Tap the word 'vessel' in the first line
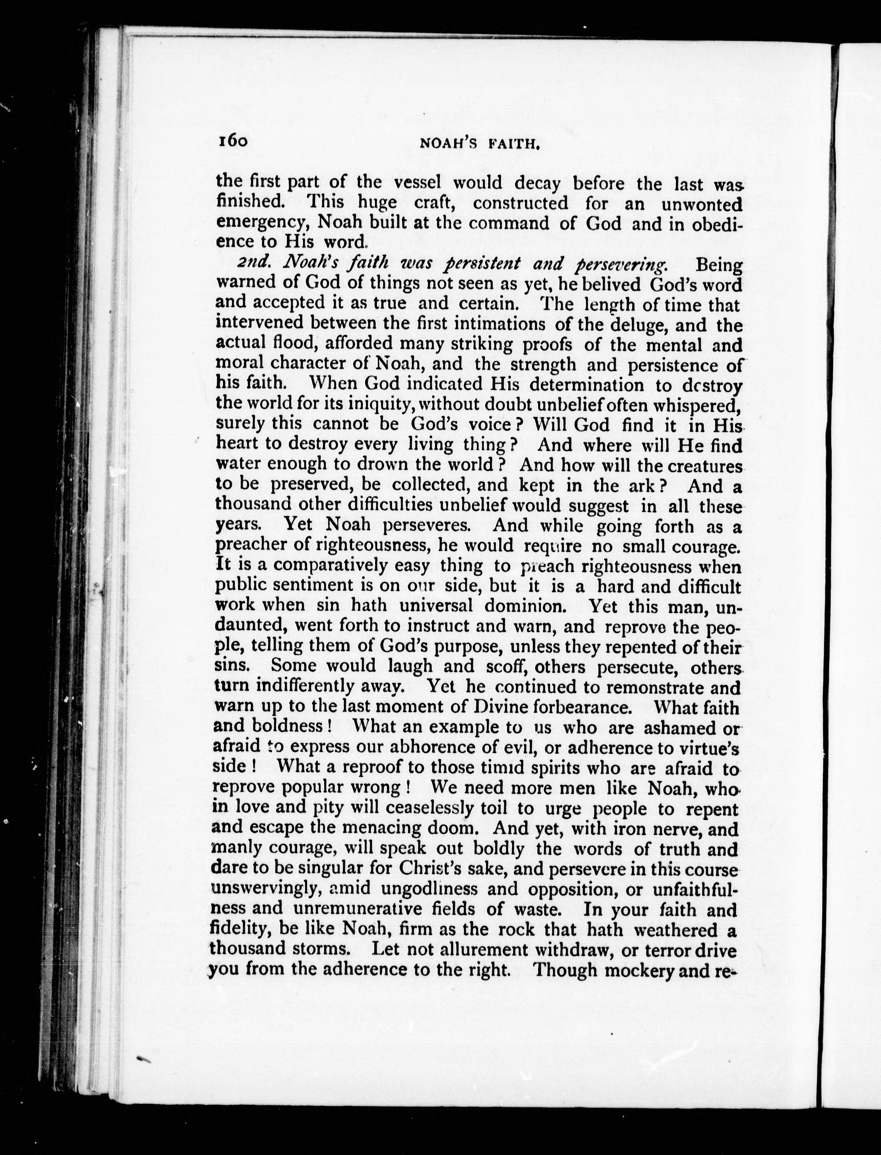point(417,183)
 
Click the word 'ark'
point(639,486)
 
